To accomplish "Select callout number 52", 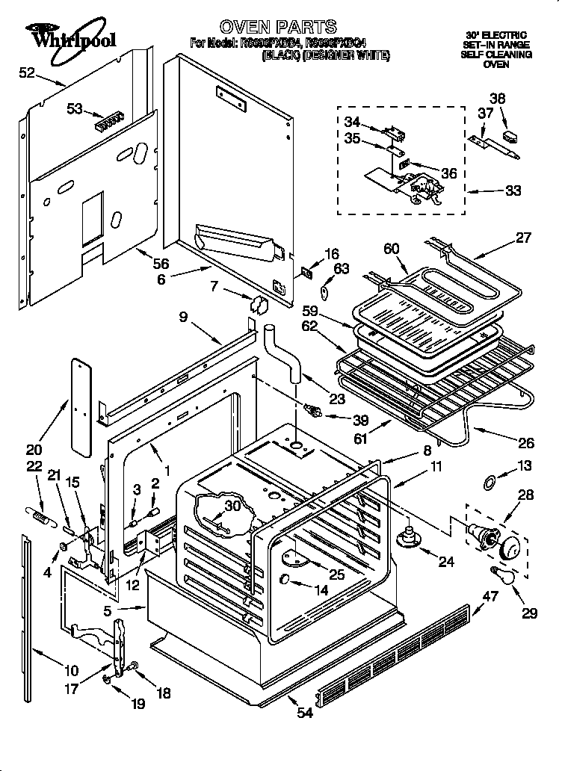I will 27,72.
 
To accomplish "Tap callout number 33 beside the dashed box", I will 513,191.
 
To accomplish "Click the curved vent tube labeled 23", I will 284,351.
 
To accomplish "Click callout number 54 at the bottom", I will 304,713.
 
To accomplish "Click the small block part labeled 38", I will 512,137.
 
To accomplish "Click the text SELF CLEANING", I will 495,55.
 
